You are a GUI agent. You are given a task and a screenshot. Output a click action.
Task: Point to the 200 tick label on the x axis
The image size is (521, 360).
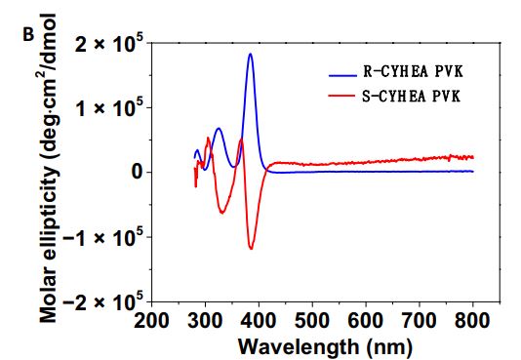point(153,321)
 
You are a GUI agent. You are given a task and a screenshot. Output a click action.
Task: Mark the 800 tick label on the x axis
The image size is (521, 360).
point(473,321)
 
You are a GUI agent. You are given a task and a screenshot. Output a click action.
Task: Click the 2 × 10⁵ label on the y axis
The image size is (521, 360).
point(110,42)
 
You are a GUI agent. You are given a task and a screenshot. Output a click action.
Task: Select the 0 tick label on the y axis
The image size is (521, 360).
point(137,172)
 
